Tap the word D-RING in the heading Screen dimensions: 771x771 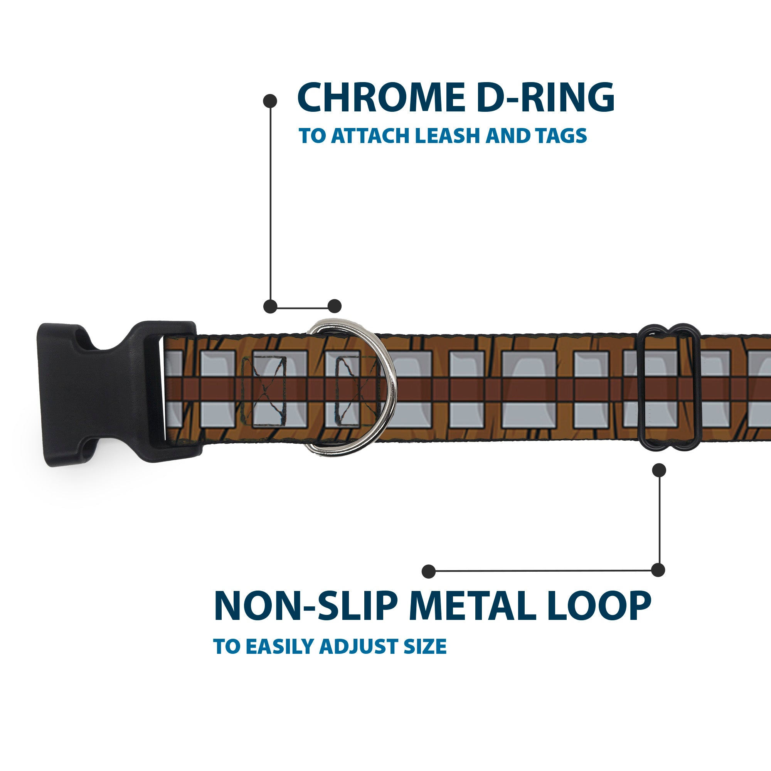pyautogui.click(x=545, y=98)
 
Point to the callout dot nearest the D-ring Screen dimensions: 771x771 pyautogui.click(x=334, y=306)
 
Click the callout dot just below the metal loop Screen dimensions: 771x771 pyautogui.click(x=659, y=470)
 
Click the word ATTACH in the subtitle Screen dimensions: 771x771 pyautogui.click(x=369, y=136)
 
